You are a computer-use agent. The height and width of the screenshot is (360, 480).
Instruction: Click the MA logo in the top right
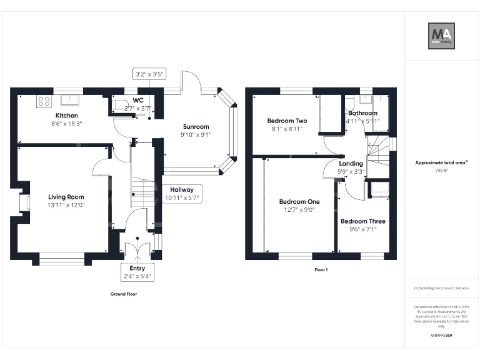[441, 36]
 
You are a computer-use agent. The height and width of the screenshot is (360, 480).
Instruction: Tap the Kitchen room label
[67, 116]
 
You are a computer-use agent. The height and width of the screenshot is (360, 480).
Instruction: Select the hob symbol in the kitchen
[44, 100]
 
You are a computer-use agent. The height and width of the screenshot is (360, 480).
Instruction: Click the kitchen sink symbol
[69, 100]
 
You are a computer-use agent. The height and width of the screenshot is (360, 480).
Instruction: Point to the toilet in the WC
[120, 103]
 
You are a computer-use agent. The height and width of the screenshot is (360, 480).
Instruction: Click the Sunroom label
[196, 126]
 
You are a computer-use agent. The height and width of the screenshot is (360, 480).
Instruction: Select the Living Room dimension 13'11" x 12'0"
[66, 205]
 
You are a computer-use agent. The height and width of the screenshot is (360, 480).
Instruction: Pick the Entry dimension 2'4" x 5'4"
[137, 276]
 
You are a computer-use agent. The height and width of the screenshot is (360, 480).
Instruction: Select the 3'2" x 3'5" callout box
[149, 74]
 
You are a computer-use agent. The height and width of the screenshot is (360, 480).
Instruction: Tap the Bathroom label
[363, 113]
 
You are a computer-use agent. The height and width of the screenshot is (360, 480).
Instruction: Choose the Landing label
[351, 164]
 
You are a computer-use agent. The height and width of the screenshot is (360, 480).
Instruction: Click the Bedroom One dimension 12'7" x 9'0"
[299, 210]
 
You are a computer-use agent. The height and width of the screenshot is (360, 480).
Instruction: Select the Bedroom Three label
[363, 221]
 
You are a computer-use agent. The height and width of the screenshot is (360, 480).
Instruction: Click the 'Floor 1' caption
[321, 270]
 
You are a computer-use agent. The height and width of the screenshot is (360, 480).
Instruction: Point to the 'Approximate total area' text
[441, 162]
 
